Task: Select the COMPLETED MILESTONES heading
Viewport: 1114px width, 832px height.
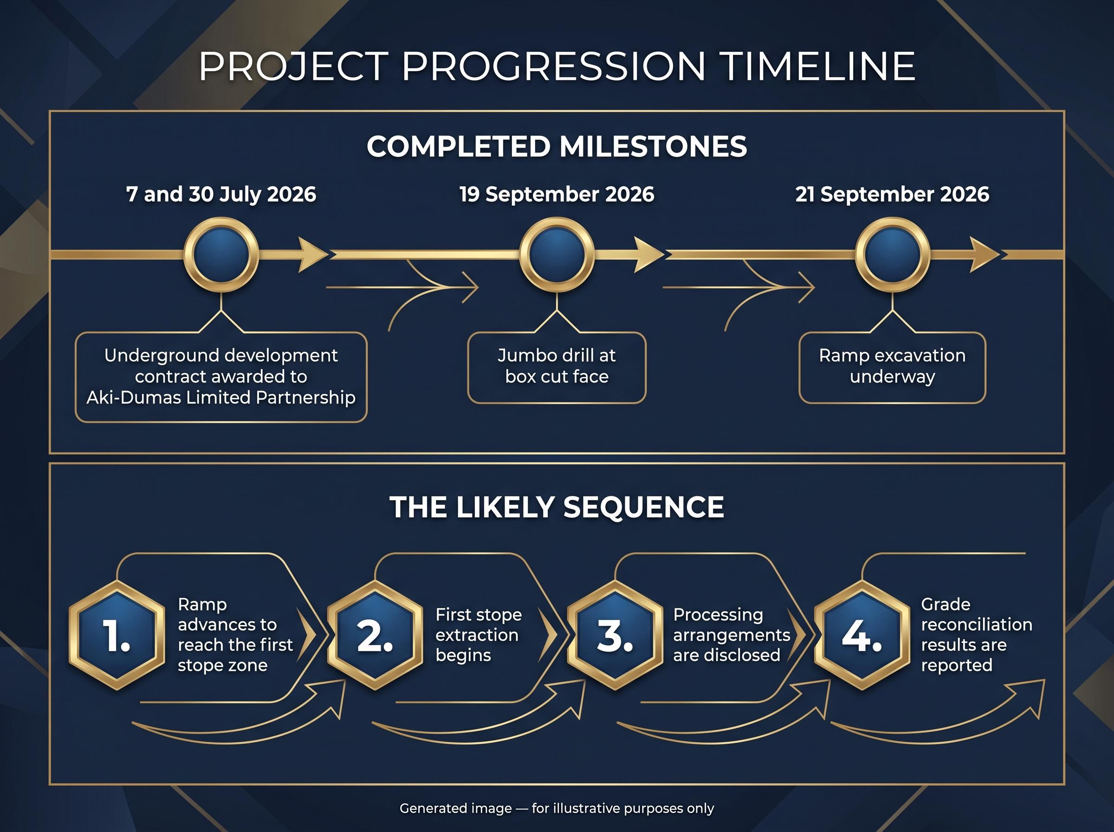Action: pos(557,147)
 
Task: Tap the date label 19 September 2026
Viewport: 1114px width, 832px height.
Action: pos(557,195)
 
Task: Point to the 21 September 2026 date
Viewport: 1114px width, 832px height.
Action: pos(892,195)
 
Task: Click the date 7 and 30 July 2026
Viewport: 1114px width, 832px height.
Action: pos(221,195)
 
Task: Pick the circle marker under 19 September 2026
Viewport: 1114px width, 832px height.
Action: pos(557,254)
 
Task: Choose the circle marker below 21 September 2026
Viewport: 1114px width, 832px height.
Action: pos(893,254)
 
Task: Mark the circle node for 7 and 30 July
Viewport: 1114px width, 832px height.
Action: pos(221,254)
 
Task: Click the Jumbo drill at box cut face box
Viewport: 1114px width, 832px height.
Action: pos(557,368)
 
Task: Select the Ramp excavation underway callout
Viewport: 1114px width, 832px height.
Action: pos(892,368)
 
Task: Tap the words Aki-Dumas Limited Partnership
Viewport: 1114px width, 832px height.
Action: pos(221,398)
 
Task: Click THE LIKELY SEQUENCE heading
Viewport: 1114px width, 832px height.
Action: pos(557,507)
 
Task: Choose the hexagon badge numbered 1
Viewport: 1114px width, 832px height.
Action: pos(117,636)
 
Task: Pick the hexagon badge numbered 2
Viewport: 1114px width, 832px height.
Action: pos(375,636)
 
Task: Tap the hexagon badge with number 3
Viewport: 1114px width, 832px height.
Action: pos(615,636)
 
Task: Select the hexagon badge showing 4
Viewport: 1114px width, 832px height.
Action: pos(862,636)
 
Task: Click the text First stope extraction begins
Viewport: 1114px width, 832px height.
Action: pos(479,635)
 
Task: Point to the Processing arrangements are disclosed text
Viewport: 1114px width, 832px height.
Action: pos(732,635)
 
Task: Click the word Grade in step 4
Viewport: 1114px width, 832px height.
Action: pos(946,604)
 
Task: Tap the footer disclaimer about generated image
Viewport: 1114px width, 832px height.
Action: pos(557,808)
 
